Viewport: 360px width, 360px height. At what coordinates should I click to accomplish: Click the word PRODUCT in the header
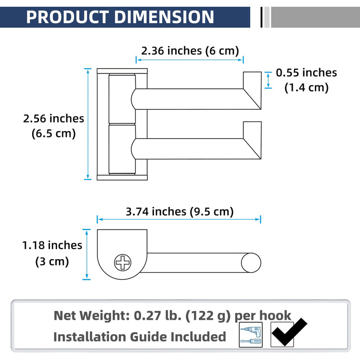tap(68, 17)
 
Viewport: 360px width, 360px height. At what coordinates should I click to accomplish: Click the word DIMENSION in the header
tap(164, 17)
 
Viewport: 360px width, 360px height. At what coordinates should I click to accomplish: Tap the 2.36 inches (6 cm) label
tap(190, 51)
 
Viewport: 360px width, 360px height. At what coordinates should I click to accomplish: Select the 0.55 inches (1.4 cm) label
tap(306, 80)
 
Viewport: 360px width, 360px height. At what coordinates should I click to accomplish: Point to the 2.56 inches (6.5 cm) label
tap(53, 126)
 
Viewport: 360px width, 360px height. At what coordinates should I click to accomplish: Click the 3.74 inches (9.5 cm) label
tap(180, 212)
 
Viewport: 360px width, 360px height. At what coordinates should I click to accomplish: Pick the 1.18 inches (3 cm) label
tap(52, 253)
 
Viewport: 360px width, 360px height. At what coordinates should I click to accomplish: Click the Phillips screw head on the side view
tap(122, 262)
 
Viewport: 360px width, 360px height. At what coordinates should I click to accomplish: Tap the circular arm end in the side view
tap(251, 263)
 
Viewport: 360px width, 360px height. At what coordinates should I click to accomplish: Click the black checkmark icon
tap(289, 332)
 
